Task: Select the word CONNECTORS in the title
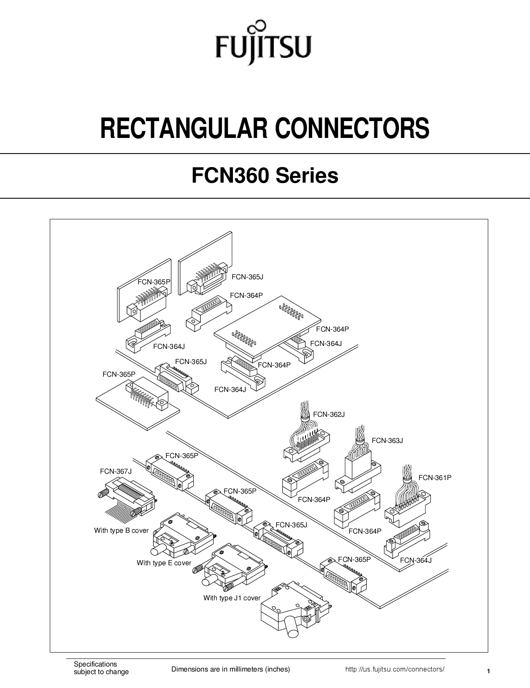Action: click(x=352, y=129)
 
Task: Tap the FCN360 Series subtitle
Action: click(x=265, y=175)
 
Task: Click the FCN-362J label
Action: click(x=329, y=415)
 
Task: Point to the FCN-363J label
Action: click(x=387, y=441)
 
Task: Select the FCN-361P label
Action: click(x=435, y=478)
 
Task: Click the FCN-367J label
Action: click(x=116, y=471)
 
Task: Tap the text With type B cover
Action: click(x=121, y=530)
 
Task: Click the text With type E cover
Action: click(x=164, y=563)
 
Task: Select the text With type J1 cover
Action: click(x=232, y=598)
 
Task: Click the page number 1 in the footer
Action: click(x=488, y=671)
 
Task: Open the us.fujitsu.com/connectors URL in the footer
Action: click(x=395, y=669)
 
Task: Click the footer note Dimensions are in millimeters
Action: click(x=230, y=669)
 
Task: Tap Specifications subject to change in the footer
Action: click(x=101, y=668)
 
